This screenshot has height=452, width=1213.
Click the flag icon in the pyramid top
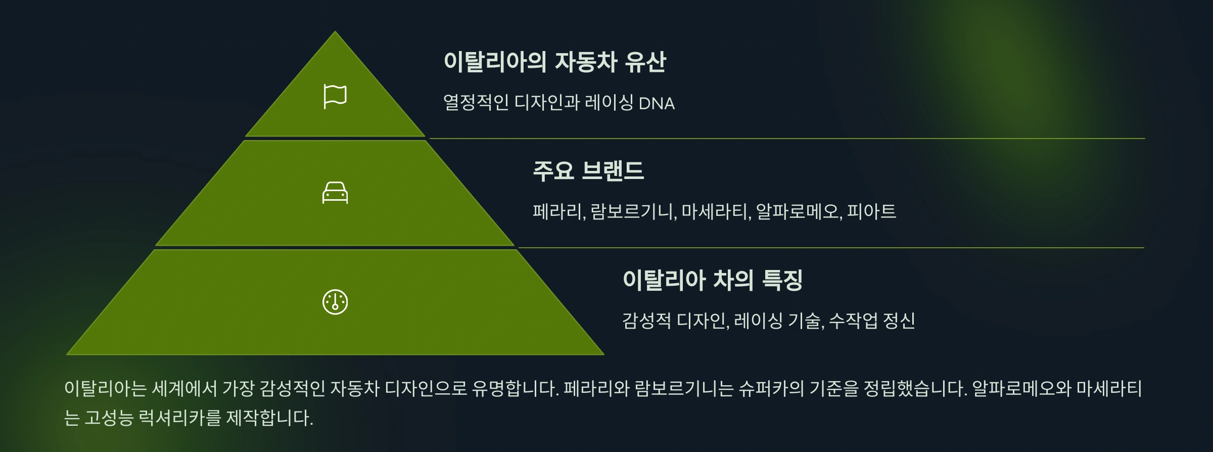pyautogui.click(x=335, y=97)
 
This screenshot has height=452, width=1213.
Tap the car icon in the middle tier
pyautogui.click(x=335, y=193)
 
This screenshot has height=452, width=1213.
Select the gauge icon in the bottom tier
pyautogui.click(x=335, y=302)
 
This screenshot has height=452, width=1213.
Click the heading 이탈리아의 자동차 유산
pyautogui.click(x=554, y=62)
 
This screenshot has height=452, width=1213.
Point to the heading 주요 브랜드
pyautogui.click(x=588, y=170)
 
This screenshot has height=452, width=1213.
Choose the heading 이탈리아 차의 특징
pyautogui.click(x=713, y=280)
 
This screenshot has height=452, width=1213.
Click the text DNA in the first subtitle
pyautogui.click(x=657, y=103)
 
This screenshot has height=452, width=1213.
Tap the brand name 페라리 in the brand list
pyautogui.click(x=557, y=211)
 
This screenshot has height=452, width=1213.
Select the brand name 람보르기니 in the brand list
pyautogui.click(x=632, y=211)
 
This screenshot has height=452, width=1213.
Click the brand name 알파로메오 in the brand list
pyautogui.click(x=798, y=211)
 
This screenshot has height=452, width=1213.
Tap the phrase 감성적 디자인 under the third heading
pyautogui.click(x=674, y=321)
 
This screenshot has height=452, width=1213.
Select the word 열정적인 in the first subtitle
pyautogui.click(x=476, y=103)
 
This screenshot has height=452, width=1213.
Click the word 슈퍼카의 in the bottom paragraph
pyautogui.click(x=771, y=388)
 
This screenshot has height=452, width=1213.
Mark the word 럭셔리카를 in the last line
pyautogui.click(x=179, y=418)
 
